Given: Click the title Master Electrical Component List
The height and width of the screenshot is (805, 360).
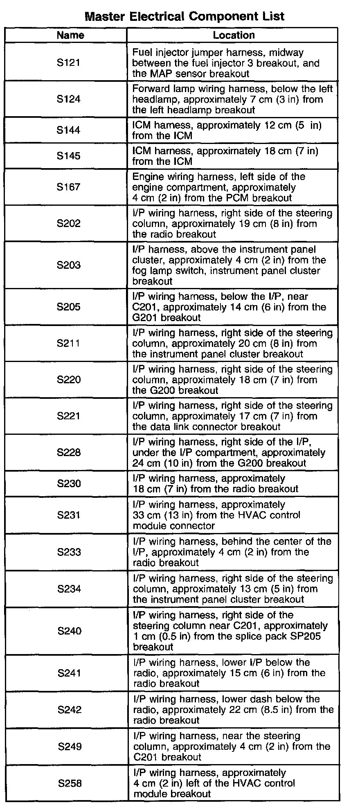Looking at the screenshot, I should coord(184,16).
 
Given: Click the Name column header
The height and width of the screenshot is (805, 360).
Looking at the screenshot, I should coord(70,35).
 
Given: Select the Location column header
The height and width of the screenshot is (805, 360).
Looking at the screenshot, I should coord(234,35).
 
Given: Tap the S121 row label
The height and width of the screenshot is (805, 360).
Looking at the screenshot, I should coord(69,63).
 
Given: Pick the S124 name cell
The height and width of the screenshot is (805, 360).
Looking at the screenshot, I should coord(69,99).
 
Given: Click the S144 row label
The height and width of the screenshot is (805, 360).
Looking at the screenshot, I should coord(69,130).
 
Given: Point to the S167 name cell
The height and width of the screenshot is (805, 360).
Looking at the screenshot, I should coord(69,187).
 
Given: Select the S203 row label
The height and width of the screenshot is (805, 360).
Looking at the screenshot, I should coord(69,265).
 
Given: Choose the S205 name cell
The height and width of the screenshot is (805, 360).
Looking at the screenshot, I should coord(69,307).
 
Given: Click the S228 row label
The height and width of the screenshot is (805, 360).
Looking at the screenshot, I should coord(69,452).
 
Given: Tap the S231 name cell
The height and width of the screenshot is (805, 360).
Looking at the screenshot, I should coord(69,515).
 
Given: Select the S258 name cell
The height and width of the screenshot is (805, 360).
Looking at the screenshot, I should coord(70,783).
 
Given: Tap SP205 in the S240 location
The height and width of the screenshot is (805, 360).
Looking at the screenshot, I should coord(304,636).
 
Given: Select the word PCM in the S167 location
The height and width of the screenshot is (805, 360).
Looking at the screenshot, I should coord(249,198).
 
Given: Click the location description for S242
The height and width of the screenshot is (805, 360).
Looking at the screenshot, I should coord(233,710).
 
